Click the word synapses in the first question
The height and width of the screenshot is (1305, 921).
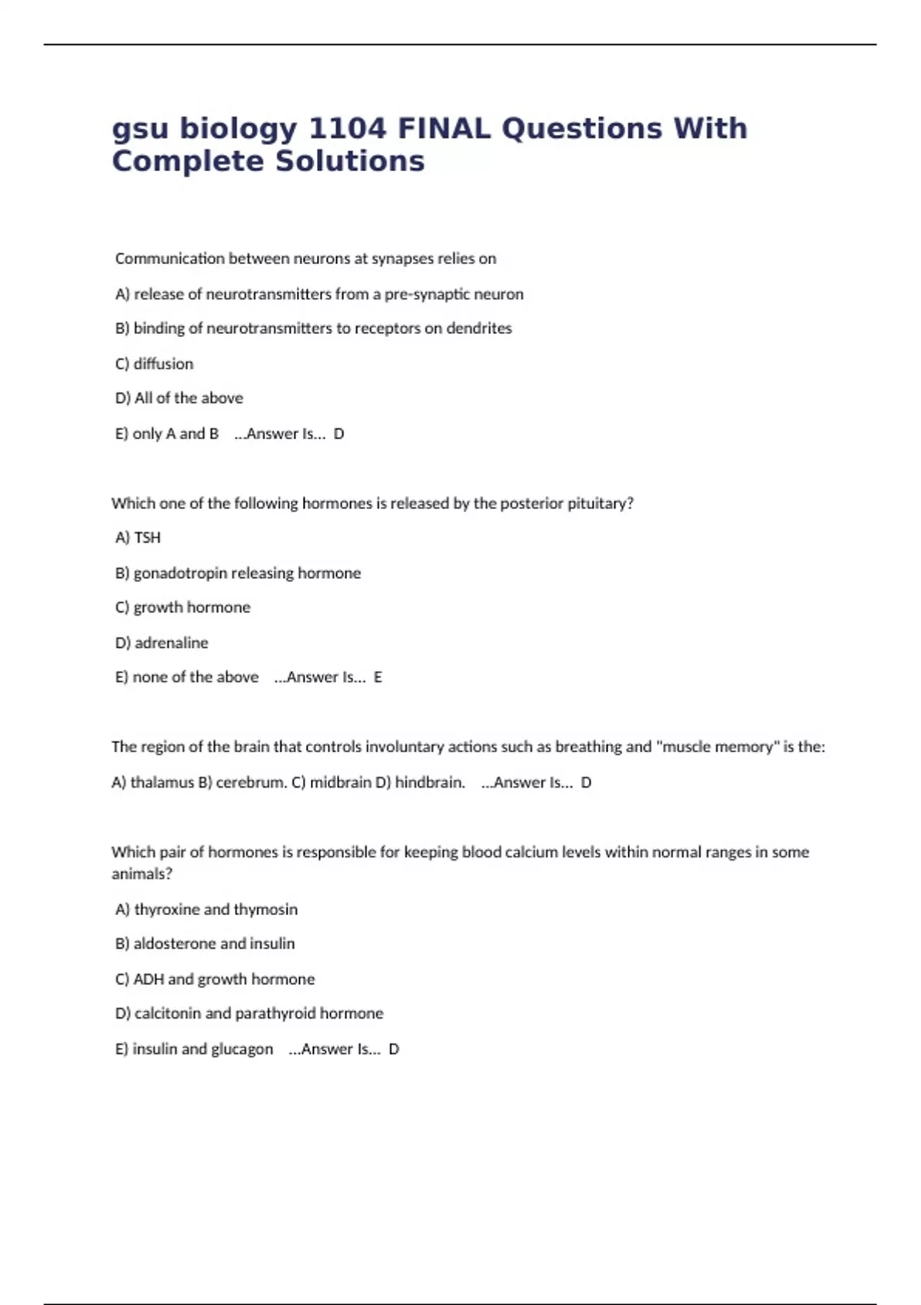click(402, 259)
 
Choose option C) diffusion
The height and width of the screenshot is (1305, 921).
click(154, 364)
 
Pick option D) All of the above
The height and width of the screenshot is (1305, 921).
click(179, 398)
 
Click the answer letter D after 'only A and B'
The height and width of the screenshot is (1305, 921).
click(339, 434)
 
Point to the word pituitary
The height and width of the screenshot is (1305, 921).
click(600, 504)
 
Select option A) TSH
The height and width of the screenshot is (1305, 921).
click(138, 538)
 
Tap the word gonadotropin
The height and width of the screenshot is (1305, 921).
click(180, 573)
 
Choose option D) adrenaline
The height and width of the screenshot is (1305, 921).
click(162, 643)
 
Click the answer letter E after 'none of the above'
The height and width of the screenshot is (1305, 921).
click(378, 677)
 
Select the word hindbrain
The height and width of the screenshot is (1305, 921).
click(430, 783)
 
